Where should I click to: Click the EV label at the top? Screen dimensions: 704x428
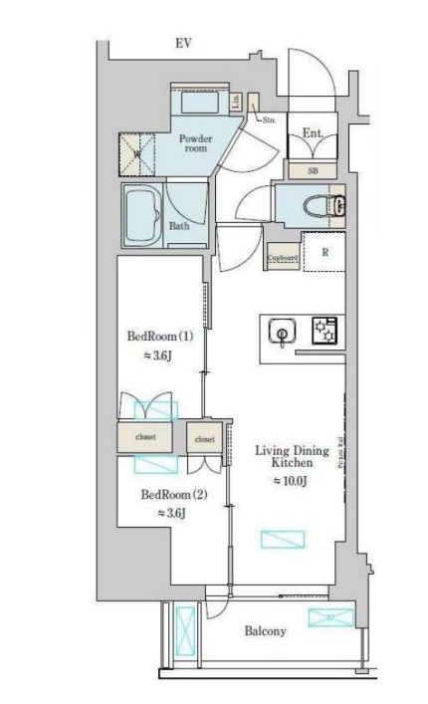183,43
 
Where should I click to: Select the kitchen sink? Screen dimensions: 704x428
283,334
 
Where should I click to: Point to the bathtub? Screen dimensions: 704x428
141,213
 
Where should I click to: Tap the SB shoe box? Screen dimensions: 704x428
313,170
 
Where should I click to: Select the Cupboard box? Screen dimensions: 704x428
282,257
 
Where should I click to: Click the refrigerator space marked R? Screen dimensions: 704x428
322,252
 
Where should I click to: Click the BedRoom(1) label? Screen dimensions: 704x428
158,336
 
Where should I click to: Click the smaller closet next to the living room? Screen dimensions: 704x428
204,438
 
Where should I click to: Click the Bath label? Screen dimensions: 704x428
179,226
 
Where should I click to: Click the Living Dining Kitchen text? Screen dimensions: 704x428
292,457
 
